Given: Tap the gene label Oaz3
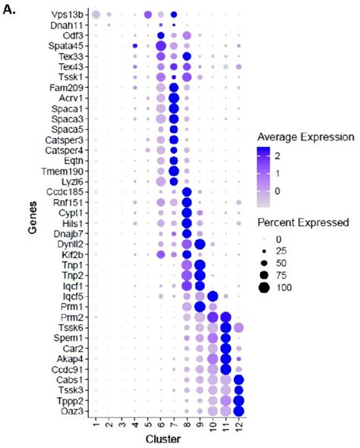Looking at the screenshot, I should pos(71,411).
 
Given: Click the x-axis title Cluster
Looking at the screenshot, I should pos(167,440).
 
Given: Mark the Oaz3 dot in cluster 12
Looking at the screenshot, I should pos(239,411).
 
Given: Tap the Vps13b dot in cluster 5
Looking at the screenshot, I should pos(147,14).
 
